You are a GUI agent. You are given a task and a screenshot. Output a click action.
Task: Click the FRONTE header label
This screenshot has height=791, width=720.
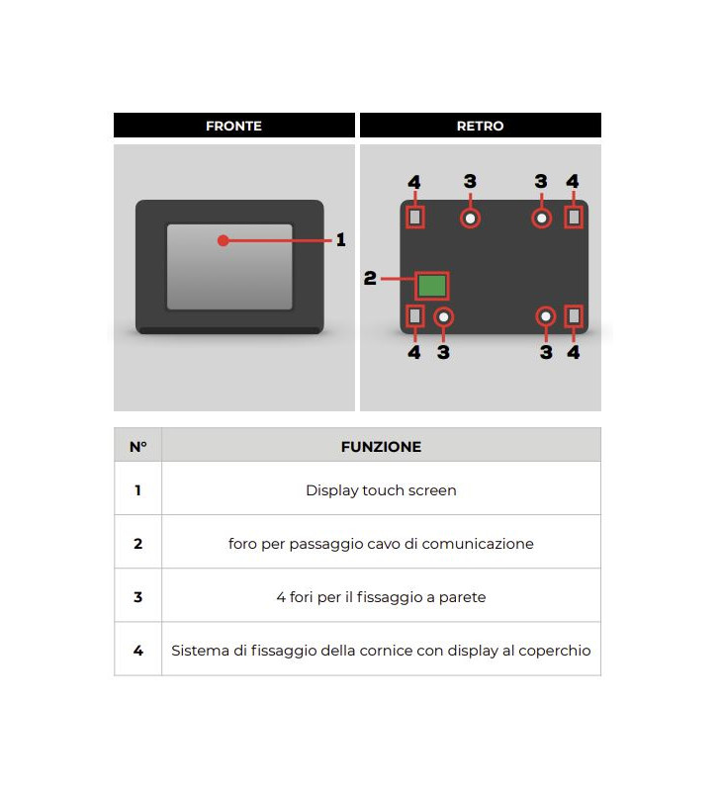233,126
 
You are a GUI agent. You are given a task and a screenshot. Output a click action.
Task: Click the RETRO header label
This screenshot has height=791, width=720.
480,126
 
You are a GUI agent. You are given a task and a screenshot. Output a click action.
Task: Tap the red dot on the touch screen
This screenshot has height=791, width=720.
224,240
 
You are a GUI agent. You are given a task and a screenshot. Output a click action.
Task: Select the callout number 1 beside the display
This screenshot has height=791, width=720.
341,240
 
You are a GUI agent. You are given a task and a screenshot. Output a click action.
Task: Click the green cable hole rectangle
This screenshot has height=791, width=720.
431,286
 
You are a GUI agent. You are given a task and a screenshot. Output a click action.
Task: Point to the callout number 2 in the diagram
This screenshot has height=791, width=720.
370,279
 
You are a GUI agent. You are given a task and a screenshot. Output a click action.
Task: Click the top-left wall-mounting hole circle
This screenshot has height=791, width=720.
471,218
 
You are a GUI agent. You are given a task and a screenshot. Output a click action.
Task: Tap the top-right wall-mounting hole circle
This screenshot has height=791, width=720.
541,218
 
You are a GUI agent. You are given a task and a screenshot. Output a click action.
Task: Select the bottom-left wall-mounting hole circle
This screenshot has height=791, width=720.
444,316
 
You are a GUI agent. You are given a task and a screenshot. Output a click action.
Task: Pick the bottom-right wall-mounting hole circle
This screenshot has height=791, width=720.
546,316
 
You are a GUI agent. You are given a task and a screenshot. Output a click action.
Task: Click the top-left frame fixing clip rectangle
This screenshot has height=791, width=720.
415,217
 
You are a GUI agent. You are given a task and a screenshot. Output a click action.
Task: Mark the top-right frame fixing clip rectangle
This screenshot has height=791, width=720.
574,217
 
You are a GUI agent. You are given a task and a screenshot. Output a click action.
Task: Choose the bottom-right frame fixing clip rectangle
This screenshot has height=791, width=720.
574,316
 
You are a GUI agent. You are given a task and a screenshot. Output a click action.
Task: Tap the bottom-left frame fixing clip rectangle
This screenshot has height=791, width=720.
415,316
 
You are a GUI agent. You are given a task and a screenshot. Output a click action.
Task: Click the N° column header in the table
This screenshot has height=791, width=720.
137,446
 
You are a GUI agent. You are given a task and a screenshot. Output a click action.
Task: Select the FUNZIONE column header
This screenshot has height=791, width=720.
381,446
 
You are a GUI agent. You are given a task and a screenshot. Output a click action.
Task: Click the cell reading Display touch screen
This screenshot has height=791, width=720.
381,490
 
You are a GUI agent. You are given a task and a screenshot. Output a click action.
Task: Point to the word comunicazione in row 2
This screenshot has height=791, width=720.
481,544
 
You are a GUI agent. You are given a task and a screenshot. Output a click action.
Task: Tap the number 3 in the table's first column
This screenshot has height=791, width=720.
137,597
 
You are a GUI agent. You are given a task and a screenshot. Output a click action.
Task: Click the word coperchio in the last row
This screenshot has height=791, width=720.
558,651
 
